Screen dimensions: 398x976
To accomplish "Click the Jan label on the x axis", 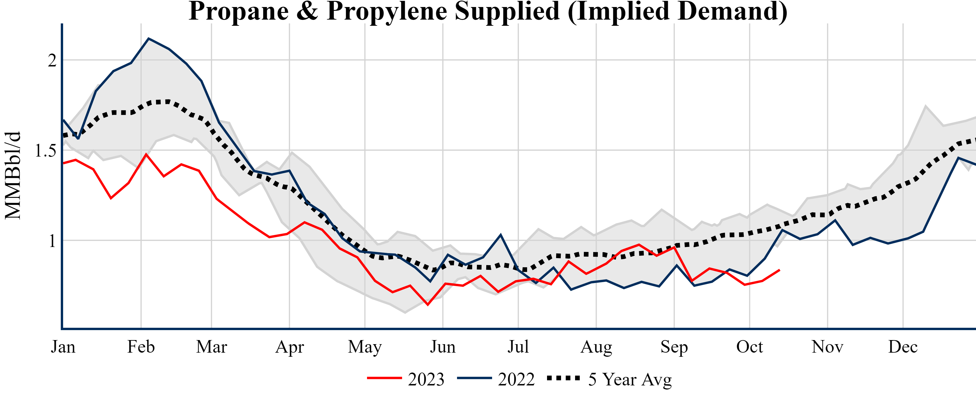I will [63, 347].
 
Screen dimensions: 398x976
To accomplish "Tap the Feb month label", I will [141, 347].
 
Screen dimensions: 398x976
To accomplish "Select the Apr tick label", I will [290, 347].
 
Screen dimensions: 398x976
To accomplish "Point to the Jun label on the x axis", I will [442, 347].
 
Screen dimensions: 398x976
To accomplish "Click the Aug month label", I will [596, 347].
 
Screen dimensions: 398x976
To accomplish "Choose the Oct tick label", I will [750, 347].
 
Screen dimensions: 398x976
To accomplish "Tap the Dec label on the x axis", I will [903, 347].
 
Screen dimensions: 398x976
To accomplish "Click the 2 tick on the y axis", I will [52, 60].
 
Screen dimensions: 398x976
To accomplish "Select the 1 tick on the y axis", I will [52, 241].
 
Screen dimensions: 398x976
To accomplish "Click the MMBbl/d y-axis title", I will [13, 175].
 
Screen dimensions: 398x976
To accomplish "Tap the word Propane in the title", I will [239, 11].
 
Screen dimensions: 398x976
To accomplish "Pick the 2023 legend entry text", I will [426, 379].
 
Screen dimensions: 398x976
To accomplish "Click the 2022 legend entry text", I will [516, 379].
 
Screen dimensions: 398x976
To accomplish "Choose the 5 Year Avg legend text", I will [630, 379].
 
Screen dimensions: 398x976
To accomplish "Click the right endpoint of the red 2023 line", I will [779, 270].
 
